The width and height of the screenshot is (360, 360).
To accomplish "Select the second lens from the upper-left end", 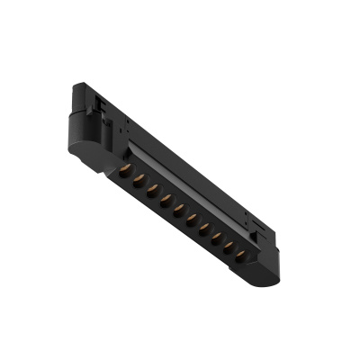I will coord(139,179).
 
